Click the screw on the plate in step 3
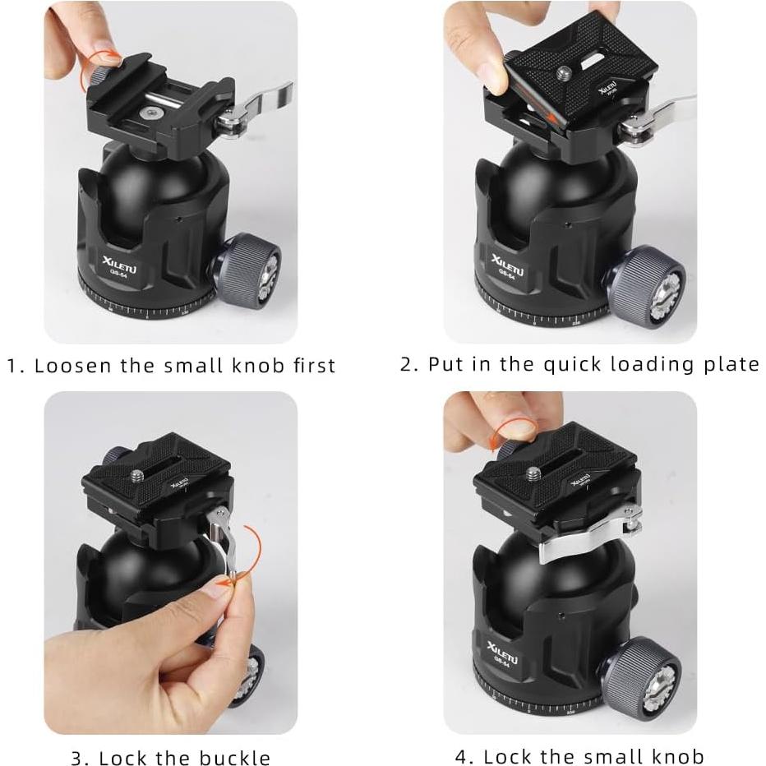136,475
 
